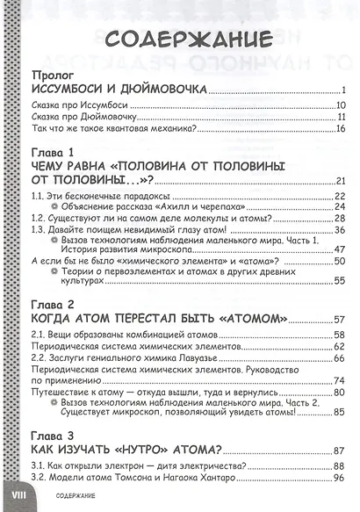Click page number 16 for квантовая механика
[342, 128]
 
